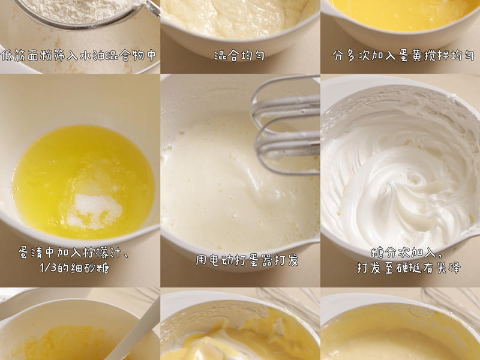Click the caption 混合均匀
[239, 55]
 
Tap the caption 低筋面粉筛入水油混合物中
[79, 56]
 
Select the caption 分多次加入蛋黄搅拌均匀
[403, 56]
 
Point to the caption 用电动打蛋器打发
[247, 260]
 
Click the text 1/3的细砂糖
[74, 268]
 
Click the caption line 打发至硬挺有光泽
[409, 268]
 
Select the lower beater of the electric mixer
[286, 146]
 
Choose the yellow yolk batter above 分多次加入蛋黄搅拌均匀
[401, 14]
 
